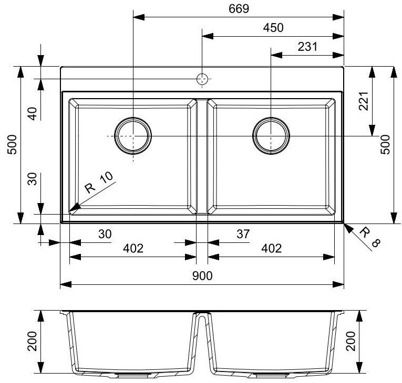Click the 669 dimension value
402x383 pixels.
point(239,9)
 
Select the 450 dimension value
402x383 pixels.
point(273,28)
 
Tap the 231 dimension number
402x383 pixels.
point(307,47)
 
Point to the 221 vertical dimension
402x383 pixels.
point(364,101)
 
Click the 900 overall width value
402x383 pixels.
point(202,276)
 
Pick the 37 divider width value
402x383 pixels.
point(243,234)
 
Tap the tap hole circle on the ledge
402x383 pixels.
point(202,79)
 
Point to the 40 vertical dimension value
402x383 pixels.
point(32,114)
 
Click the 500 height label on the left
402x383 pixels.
point(12,145)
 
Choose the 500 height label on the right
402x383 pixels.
point(385,145)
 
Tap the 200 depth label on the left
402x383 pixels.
point(32,341)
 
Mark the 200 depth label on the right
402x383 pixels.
point(351,341)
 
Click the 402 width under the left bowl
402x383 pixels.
point(133,248)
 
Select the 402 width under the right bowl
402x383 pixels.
point(272,248)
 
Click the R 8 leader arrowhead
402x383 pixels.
point(348,228)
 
